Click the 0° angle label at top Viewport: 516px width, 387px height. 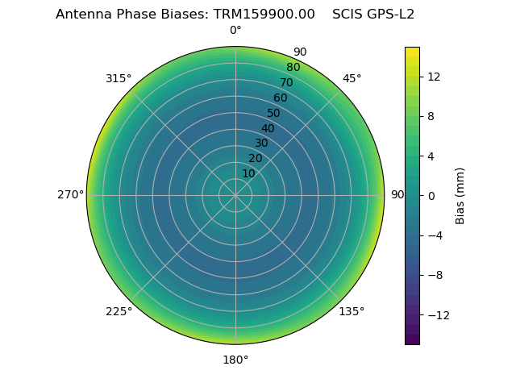(x=235, y=31)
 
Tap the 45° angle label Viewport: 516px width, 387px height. (x=352, y=78)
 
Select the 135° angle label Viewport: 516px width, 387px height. (x=352, y=311)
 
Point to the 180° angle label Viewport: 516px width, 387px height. (x=235, y=360)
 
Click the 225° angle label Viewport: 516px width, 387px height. (x=119, y=311)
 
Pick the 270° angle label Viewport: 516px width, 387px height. (x=70, y=194)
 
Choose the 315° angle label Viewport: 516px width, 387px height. (x=119, y=78)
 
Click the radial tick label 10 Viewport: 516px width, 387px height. (x=248, y=173)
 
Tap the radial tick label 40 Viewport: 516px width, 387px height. (x=268, y=128)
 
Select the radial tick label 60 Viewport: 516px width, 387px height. (x=280, y=98)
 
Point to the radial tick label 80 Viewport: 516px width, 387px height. (x=293, y=67)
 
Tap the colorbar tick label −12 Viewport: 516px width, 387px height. (x=435, y=315)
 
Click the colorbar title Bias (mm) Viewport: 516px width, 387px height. (x=460, y=195)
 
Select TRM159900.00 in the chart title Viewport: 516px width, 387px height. (x=264, y=15)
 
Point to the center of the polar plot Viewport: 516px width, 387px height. (x=235, y=195)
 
